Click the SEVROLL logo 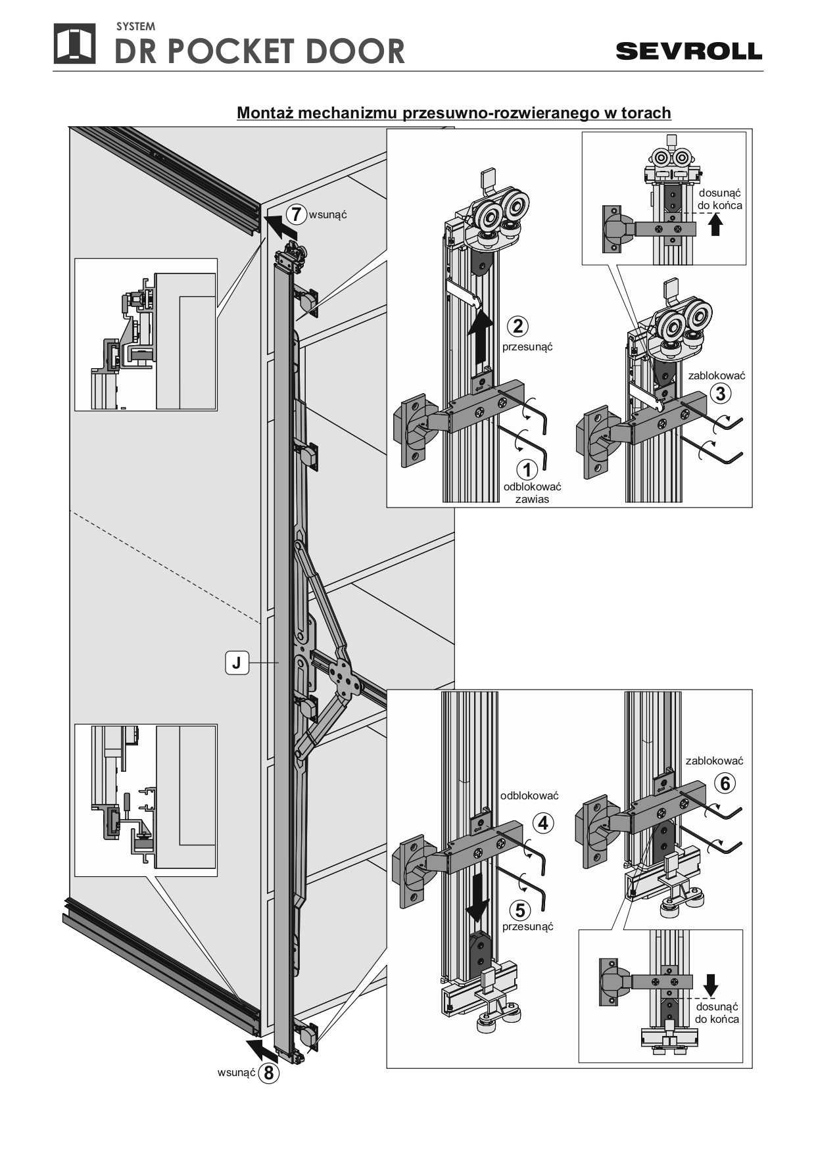688,51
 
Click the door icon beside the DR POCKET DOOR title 74,44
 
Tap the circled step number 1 527,469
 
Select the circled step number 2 518,326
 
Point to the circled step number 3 721,393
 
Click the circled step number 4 543,823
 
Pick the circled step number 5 520,910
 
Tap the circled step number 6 725,783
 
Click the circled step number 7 297,214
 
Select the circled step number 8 268,1073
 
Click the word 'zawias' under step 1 532,499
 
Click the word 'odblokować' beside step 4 529,795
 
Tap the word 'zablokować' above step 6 714,761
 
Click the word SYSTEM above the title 135,27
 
